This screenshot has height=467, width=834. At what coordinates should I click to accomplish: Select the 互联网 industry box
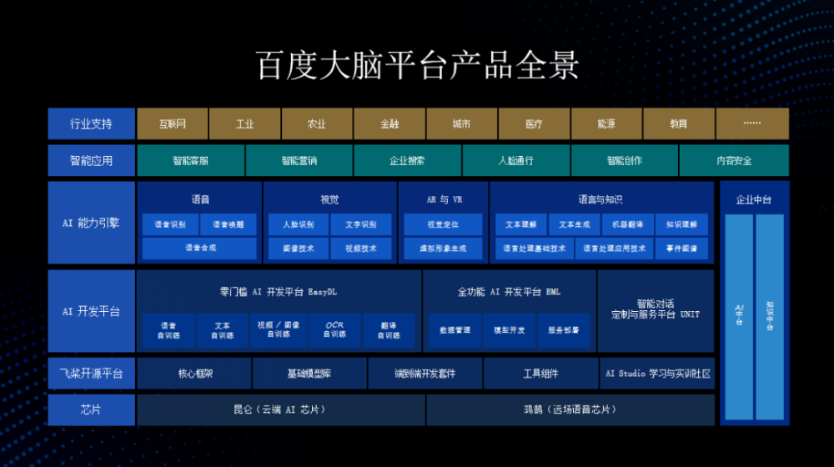click(x=173, y=124)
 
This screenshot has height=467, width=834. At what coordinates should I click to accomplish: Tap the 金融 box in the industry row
click(x=389, y=124)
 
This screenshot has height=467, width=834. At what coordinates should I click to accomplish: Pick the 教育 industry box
click(x=678, y=124)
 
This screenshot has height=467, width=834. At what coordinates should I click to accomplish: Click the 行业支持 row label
click(x=91, y=124)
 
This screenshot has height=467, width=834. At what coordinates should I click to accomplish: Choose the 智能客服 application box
click(x=190, y=160)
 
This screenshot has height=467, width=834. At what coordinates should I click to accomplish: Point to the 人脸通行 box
click(x=515, y=160)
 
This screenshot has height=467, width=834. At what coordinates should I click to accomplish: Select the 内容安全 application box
click(x=734, y=160)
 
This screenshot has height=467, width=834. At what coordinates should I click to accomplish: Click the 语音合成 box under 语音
click(x=199, y=248)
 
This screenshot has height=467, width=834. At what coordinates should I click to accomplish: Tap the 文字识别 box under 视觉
click(x=360, y=224)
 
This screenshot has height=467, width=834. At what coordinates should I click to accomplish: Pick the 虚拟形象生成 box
click(x=442, y=248)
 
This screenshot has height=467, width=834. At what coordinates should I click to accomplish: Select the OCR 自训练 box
click(x=334, y=329)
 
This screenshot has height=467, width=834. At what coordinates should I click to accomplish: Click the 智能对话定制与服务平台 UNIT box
click(x=656, y=309)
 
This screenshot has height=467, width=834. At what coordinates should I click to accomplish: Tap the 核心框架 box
click(x=193, y=374)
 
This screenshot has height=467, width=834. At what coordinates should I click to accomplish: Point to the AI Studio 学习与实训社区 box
click(x=657, y=374)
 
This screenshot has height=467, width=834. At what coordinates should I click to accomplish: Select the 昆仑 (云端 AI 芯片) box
click(x=280, y=409)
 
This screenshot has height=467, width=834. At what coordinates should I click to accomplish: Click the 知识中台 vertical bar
click(x=770, y=316)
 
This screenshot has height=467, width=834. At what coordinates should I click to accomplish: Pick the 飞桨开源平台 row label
click(x=91, y=374)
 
